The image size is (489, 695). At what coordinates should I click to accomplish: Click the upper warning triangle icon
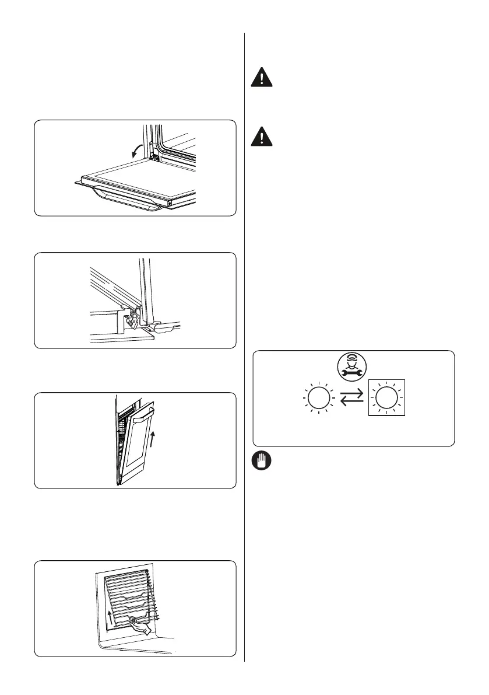pos(263,79)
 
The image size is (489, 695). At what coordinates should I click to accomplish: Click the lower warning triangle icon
pos(263,137)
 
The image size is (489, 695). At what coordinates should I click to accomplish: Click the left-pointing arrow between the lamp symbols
pos(351,402)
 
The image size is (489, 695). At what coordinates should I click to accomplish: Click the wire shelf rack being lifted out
pos(128,595)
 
